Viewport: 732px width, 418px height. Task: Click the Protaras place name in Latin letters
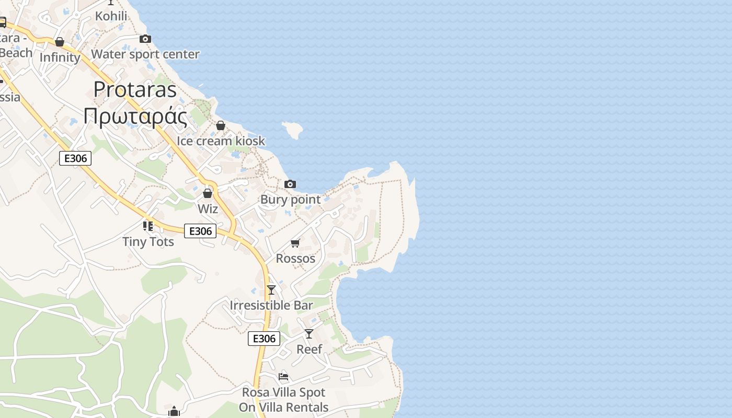[x=135, y=90]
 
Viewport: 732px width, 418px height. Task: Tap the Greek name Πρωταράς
[x=135, y=116]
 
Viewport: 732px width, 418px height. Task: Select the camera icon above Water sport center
[x=145, y=39]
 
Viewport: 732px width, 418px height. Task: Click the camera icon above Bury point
[x=290, y=184]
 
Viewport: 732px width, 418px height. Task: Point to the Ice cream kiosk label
[x=221, y=141]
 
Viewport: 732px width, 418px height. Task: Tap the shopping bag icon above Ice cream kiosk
[x=221, y=126]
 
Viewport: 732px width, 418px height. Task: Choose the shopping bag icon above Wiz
[x=208, y=193]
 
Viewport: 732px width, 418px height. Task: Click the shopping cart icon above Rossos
[x=295, y=243]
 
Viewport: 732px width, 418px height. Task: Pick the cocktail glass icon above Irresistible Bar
[x=271, y=290]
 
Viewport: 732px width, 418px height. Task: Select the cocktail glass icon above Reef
[x=309, y=333]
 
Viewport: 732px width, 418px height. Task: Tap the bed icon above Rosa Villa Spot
[x=283, y=377]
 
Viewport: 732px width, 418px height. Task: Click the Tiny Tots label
[x=148, y=242]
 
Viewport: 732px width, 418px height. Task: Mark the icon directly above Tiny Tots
[x=148, y=226]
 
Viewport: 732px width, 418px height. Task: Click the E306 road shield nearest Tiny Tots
[x=200, y=231]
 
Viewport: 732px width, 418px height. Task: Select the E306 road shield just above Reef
[x=264, y=339]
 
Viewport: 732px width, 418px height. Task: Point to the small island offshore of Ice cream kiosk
[x=293, y=130]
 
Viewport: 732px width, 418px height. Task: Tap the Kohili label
[x=111, y=16]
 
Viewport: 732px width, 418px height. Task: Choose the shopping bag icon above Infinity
[x=60, y=42]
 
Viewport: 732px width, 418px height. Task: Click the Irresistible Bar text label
[x=271, y=305]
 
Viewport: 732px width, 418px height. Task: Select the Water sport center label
[x=145, y=54]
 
